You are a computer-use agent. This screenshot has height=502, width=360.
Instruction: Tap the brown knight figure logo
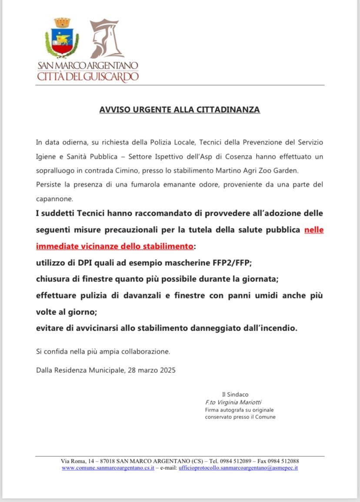(x=106, y=39)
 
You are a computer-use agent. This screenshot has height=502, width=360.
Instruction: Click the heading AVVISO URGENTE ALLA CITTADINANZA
(x=180, y=110)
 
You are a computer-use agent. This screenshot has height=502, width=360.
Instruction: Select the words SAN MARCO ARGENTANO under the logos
(x=88, y=66)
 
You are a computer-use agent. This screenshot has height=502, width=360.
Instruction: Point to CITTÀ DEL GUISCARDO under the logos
(x=88, y=77)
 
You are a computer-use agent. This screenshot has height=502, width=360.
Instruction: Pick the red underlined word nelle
(x=314, y=230)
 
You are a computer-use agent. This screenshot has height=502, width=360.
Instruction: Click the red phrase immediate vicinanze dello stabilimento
(x=114, y=246)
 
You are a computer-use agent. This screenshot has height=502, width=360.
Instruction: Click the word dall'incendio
(x=270, y=328)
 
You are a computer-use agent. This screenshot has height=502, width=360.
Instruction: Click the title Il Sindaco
(x=235, y=395)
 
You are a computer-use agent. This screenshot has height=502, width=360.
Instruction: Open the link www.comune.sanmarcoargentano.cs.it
(x=108, y=468)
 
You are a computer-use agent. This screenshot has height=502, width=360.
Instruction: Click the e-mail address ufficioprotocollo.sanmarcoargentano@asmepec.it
(x=238, y=468)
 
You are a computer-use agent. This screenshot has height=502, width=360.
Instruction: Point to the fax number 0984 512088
(x=282, y=461)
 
